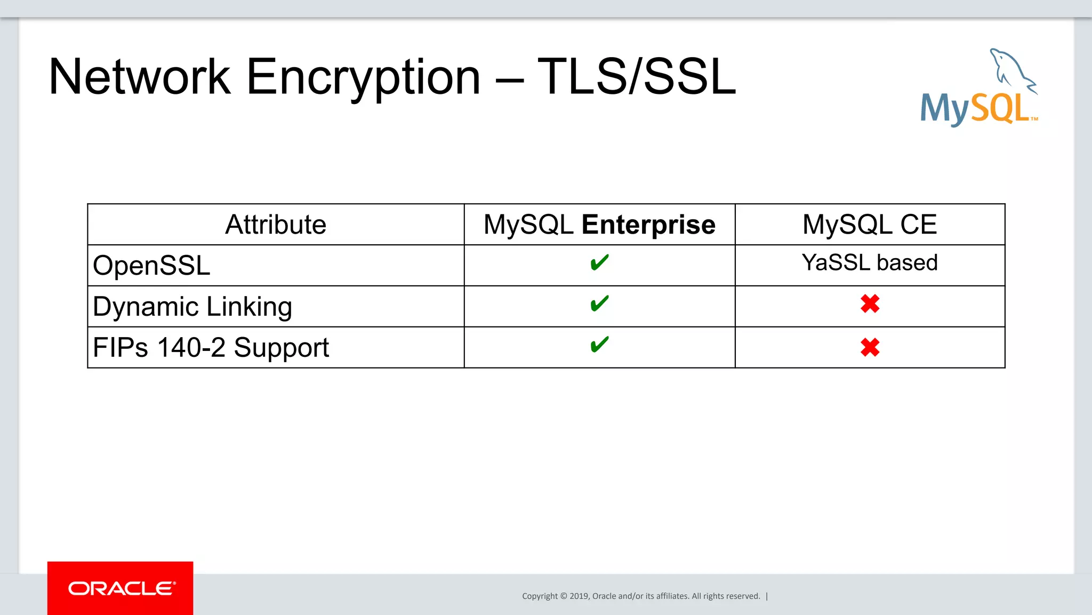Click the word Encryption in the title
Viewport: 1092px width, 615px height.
[x=363, y=77]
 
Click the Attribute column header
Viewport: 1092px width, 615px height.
[x=275, y=225]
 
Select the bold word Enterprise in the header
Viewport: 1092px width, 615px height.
[x=648, y=225]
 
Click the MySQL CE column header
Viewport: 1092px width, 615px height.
[x=869, y=225]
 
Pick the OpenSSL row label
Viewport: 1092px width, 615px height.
[x=151, y=266]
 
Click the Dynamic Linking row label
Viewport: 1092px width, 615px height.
[x=192, y=307]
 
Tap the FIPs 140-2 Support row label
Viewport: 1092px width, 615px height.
[x=211, y=348]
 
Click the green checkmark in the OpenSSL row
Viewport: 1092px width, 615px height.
[x=599, y=262]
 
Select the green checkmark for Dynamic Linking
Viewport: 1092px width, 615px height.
[x=599, y=303]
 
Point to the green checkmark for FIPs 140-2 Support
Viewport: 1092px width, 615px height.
[x=599, y=345]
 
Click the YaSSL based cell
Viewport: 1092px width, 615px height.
[x=869, y=262]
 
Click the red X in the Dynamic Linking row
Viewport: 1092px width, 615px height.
[x=870, y=304]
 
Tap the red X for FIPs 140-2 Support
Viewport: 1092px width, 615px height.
[x=870, y=348]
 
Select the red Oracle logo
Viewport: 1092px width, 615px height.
[x=121, y=588]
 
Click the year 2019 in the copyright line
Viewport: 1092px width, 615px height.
[x=579, y=596]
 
